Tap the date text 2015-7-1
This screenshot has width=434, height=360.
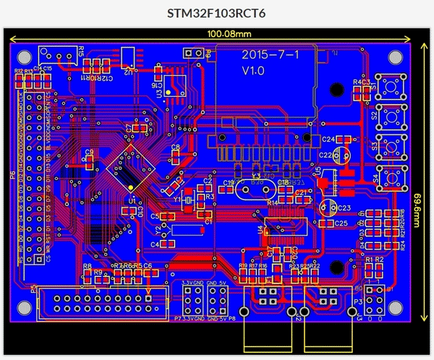tap(264, 55)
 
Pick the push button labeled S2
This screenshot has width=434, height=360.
tap(391, 115)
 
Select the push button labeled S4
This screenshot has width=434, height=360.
tap(391, 176)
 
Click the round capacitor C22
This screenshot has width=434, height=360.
tap(344, 155)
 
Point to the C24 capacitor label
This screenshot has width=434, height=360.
tap(328, 139)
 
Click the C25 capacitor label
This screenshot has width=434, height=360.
tap(341, 223)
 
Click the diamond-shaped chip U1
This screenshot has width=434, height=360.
tap(131, 168)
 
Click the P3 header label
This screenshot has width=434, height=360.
tap(357, 300)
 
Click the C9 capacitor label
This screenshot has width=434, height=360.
tap(89, 152)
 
